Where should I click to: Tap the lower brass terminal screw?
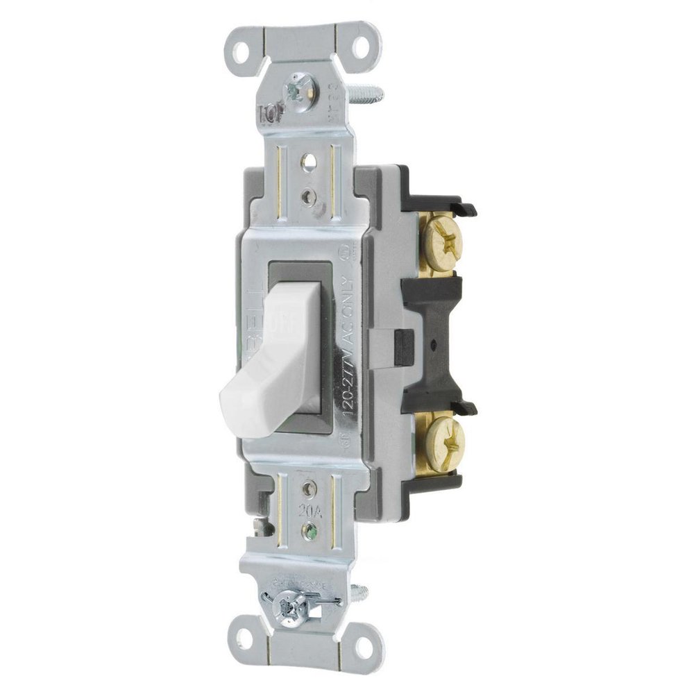pos(443,437)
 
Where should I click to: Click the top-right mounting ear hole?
pos(362,49)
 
